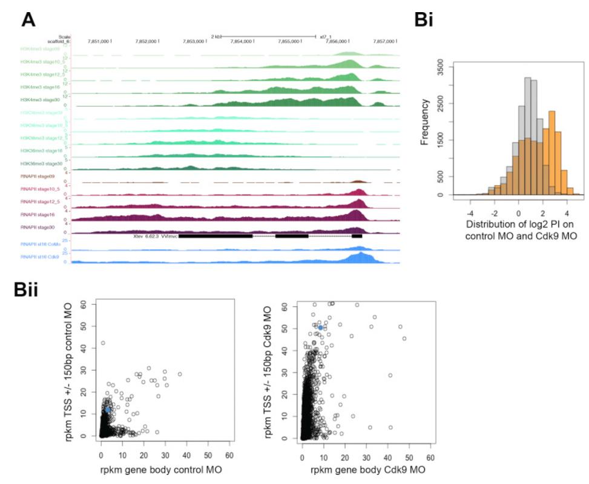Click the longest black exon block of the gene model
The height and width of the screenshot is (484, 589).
[x=216, y=236]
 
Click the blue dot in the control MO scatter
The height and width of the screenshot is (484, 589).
[x=108, y=410]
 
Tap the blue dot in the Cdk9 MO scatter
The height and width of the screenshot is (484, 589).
[x=320, y=327]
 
